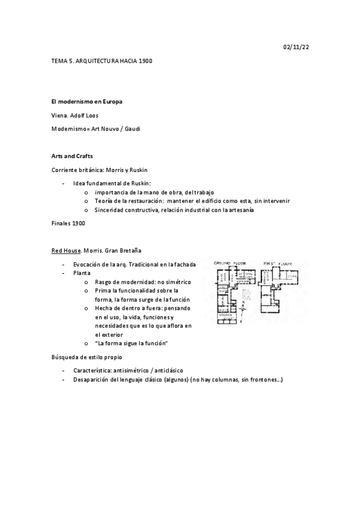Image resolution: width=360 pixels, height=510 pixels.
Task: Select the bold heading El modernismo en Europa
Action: (87, 102)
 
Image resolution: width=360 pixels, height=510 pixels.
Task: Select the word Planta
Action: (82, 272)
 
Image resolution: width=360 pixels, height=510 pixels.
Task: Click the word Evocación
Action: (89, 264)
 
